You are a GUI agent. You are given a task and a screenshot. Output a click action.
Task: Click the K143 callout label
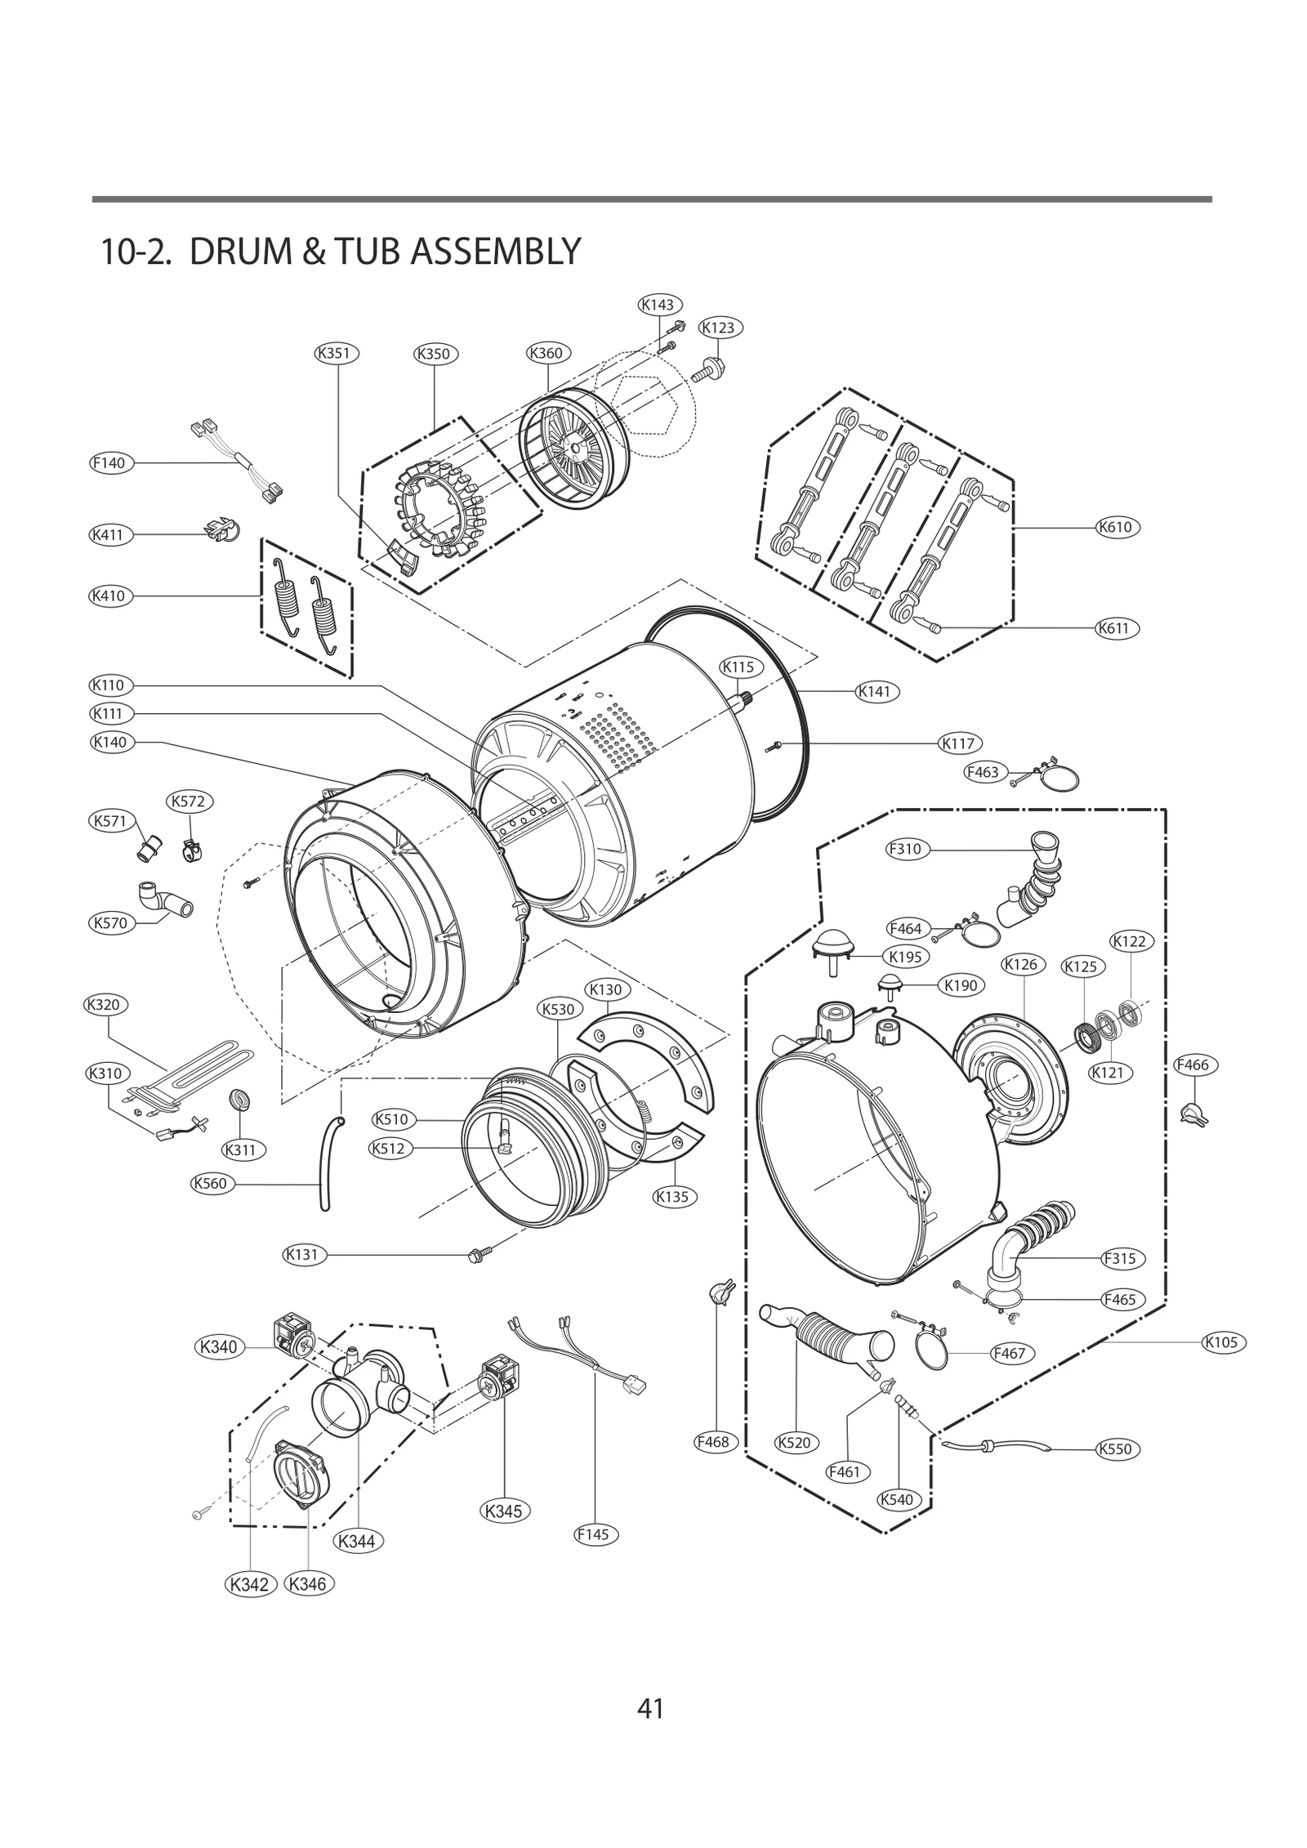coord(658,305)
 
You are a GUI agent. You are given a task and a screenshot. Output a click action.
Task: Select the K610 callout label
coord(1117,527)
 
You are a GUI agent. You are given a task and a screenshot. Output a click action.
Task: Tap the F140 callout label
coord(109,463)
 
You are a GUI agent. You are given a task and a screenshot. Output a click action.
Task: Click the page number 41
coord(651,1708)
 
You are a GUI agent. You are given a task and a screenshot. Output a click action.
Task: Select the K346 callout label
coord(308,1585)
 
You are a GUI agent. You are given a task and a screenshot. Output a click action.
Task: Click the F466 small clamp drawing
coord(1193,1114)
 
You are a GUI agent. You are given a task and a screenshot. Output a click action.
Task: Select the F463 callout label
coord(985,773)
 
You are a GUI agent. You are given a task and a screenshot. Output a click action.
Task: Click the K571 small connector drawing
coord(148,847)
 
